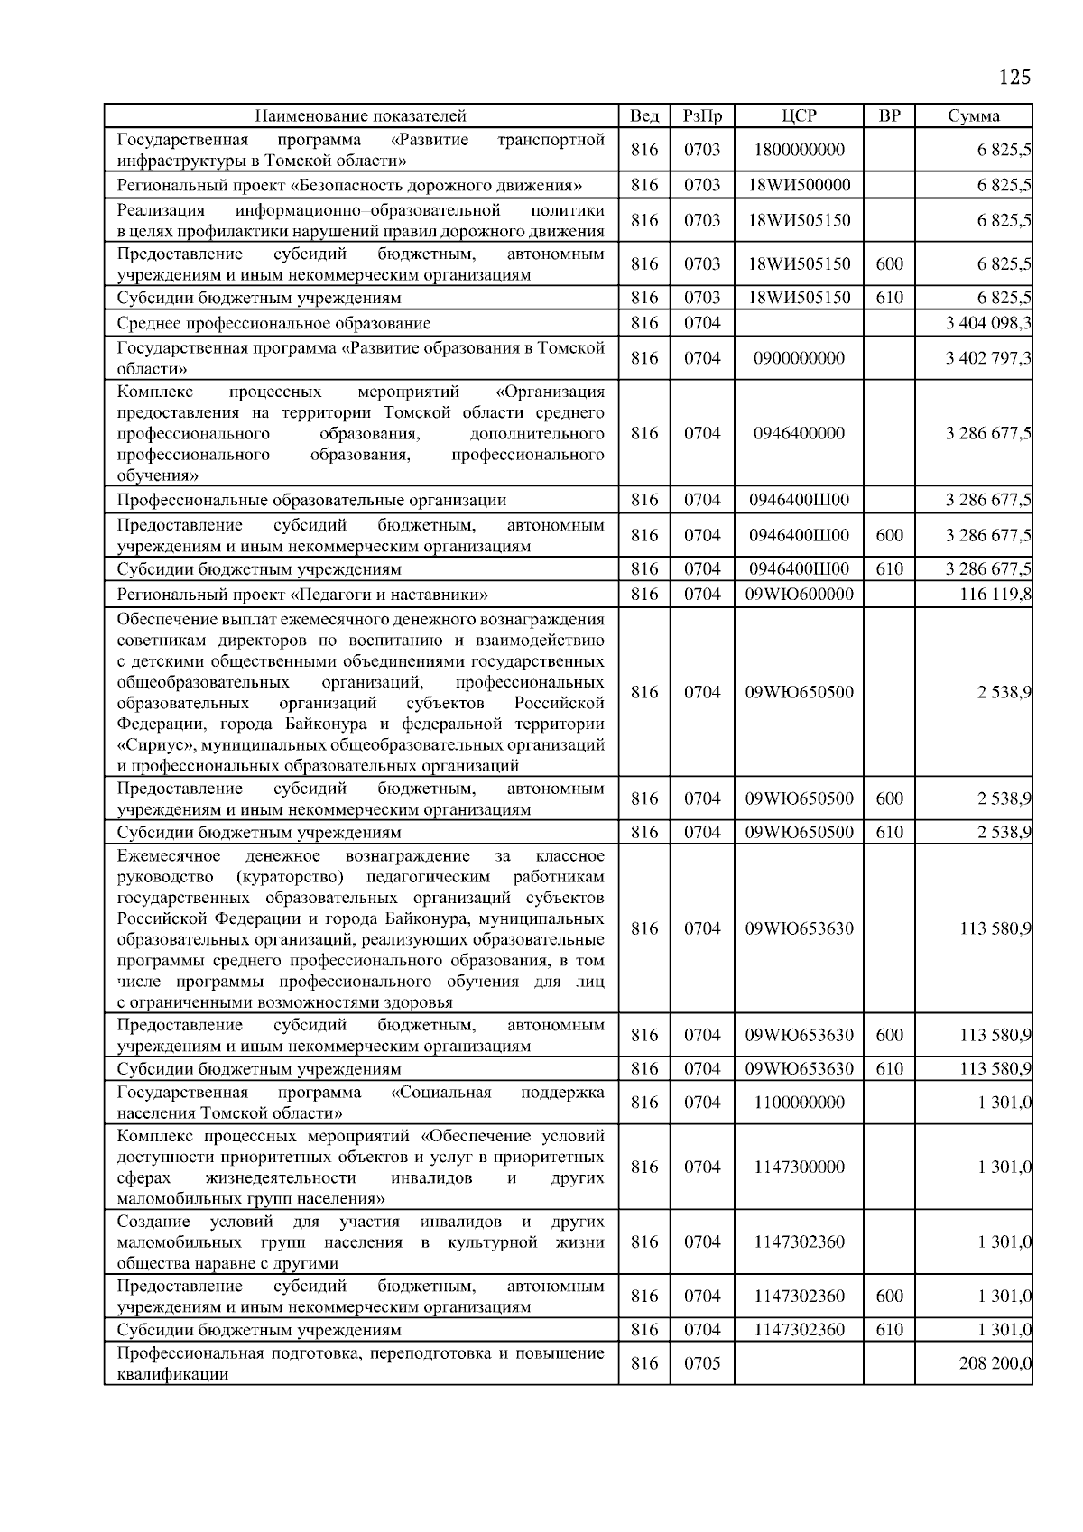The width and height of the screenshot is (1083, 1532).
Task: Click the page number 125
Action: (1014, 77)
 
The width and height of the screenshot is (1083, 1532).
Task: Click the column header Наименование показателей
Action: (360, 115)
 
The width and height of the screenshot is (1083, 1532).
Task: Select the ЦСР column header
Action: (799, 115)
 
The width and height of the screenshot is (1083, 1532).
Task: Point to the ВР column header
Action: (889, 115)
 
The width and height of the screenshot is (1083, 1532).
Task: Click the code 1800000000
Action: (799, 151)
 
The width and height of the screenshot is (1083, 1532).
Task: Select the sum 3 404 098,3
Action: (988, 323)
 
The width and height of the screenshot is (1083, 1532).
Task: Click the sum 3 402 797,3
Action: (988, 358)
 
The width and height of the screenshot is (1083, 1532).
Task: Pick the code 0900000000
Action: (799, 358)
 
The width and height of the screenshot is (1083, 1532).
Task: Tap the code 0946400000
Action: (799, 433)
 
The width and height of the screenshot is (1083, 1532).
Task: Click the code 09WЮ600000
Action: (799, 594)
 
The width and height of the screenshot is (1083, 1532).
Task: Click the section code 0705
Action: (702, 1363)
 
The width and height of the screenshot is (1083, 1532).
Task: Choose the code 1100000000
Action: (799, 1103)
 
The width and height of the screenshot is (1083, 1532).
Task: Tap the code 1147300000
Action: (799, 1167)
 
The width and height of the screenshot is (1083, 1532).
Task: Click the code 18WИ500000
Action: (799, 186)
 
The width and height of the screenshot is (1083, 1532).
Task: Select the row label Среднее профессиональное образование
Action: (274, 323)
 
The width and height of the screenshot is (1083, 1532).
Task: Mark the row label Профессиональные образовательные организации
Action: (311, 500)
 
